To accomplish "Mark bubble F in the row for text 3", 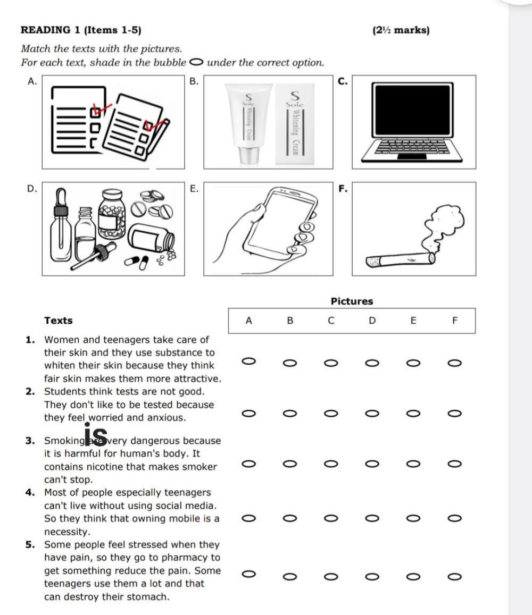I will click(453, 466).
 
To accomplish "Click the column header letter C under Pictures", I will click(331, 321).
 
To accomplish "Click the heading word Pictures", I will click(352, 301).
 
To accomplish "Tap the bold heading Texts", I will click(59, 321).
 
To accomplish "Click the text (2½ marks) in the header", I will click(401, 30).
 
